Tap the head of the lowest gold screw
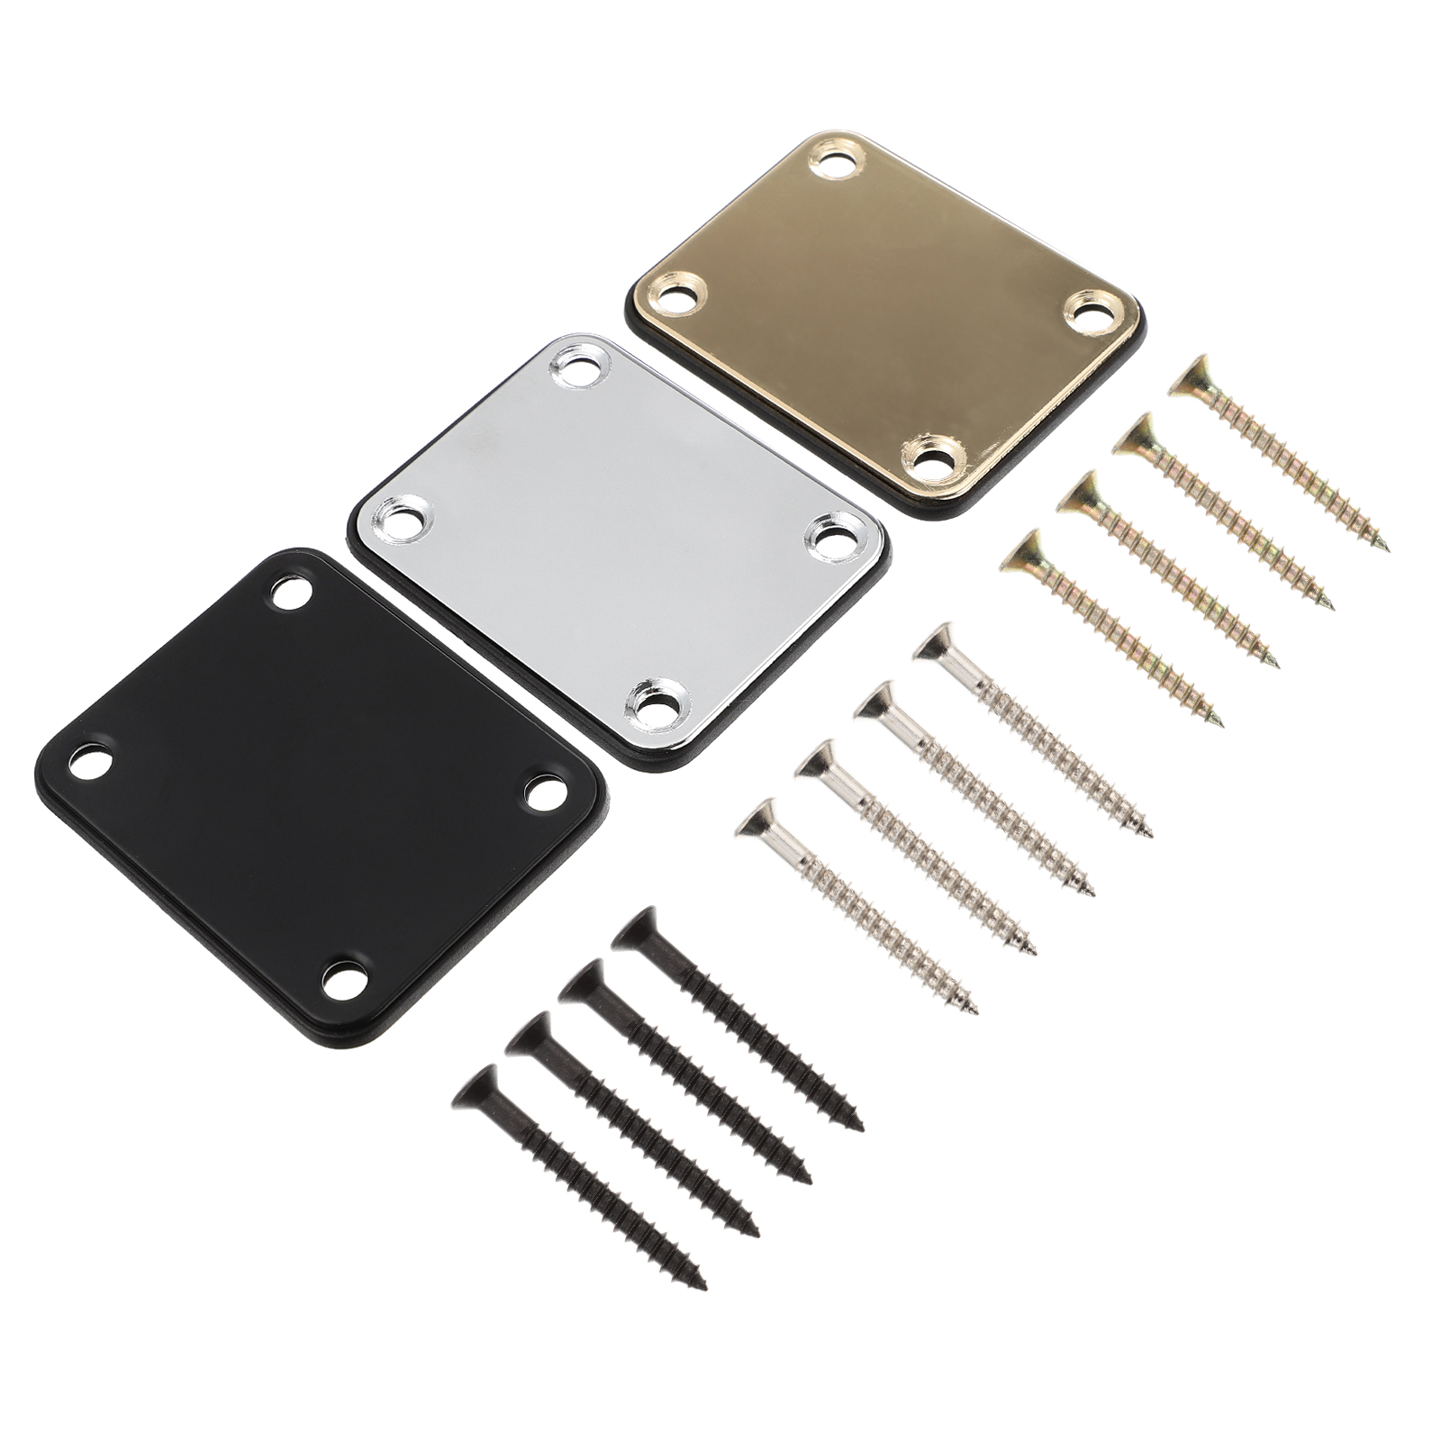1021,551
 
